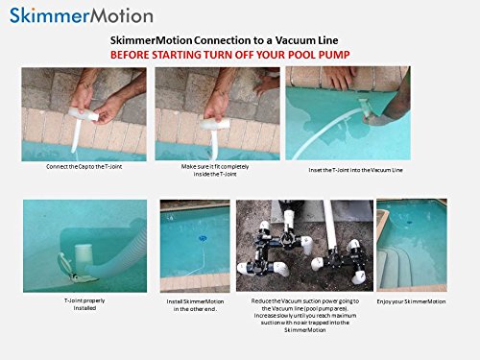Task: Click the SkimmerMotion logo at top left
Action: (x=78, y=15)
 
